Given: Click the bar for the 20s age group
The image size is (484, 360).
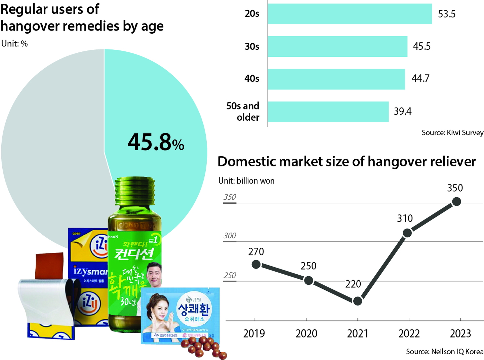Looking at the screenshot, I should point(350,14).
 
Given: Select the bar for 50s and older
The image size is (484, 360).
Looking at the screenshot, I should point(328,112).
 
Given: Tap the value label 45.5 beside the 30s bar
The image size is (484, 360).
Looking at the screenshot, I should point(421,46).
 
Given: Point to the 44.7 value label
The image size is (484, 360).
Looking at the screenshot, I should point(420,78).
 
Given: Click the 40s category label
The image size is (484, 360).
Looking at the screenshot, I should point(252,79).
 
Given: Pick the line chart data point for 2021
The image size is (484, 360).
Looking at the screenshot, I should point(358,301).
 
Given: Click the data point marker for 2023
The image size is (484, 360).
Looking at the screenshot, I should point(456,202).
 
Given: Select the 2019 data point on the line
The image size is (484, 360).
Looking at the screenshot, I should point(256,265).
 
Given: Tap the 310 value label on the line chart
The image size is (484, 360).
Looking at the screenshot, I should point(405,218).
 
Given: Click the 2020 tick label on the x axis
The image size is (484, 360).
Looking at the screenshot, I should point(306,333).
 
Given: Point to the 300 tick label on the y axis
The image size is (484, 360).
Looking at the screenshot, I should point(230,236).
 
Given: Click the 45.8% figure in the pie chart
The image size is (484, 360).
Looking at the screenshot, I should point(156,142).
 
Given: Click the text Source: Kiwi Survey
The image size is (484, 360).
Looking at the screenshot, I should point(452,133).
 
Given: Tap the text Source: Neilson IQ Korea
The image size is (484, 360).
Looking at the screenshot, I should point(445,352).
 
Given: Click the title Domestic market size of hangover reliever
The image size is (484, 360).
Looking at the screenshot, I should point(347,162).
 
